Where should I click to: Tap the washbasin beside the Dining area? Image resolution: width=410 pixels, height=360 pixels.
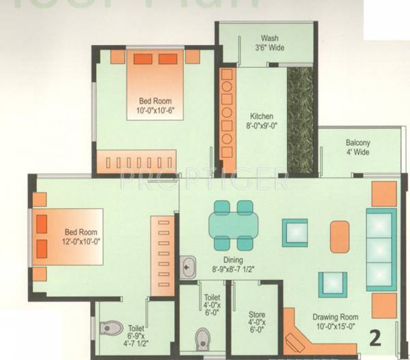188,267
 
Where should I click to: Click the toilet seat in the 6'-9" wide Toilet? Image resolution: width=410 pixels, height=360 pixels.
110,329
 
